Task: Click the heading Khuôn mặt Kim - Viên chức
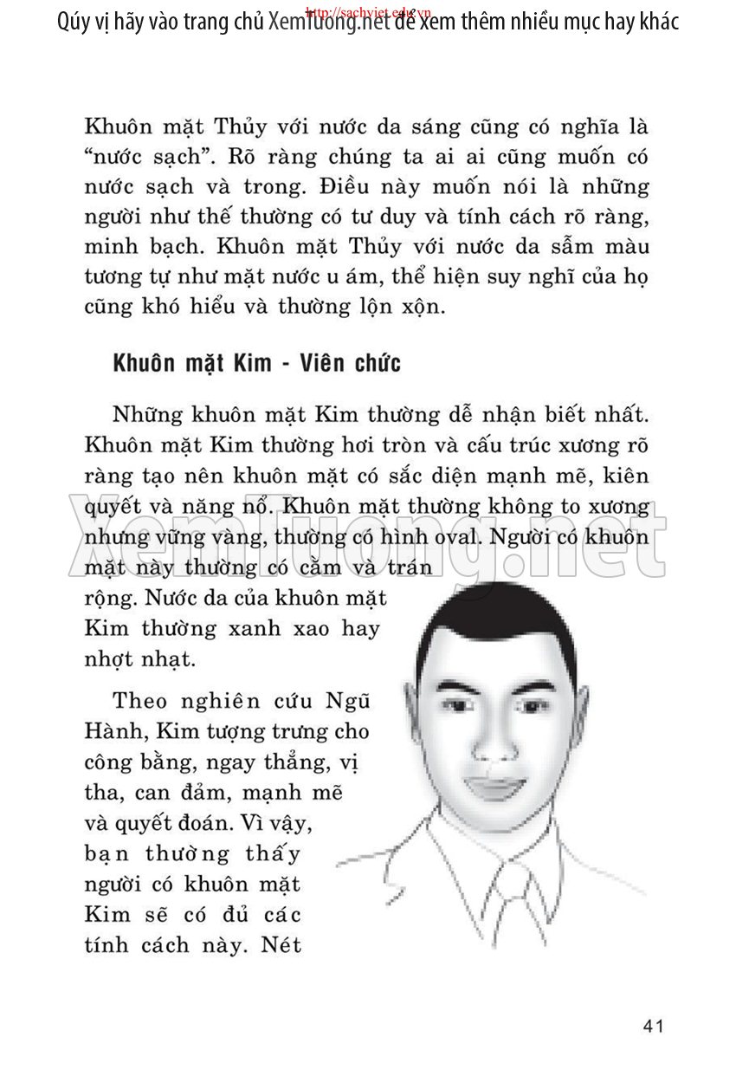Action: click(x=256, y=363)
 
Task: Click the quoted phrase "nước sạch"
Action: click(x=136, y=158)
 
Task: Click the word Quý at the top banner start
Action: click(x=74, y=22)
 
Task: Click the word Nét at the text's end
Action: click(x=280, y=943)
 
